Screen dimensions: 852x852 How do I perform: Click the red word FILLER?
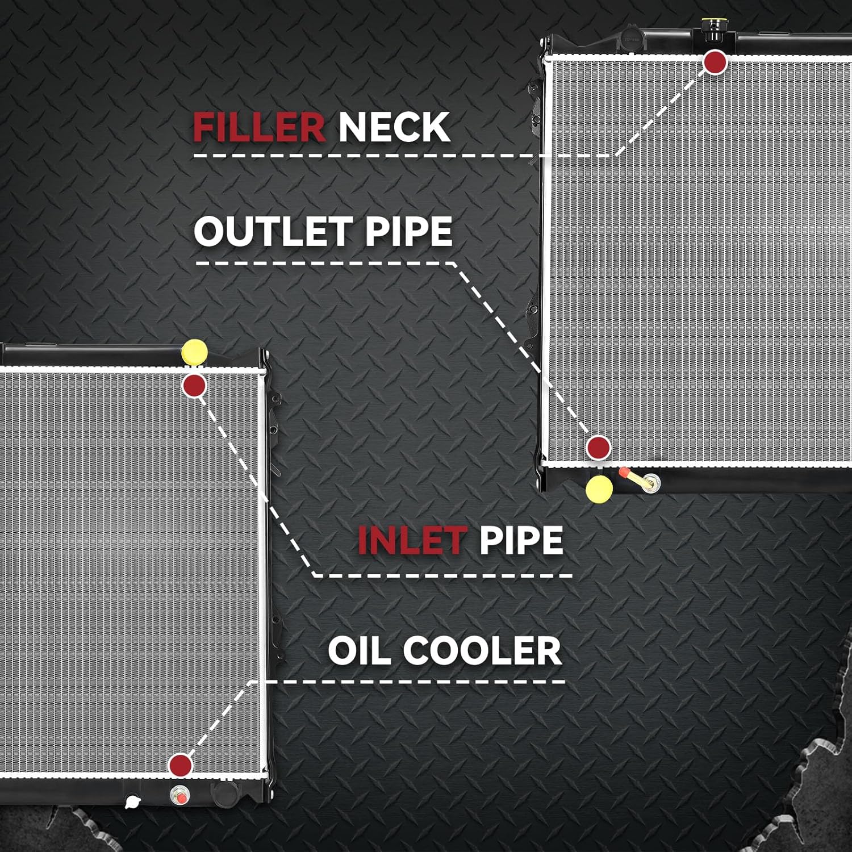[x=259, y=127]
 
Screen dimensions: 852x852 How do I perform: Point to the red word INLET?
[x=412, y=540]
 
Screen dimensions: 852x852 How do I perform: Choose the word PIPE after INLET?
[x=521, y=540]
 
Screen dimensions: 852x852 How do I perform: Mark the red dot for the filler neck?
[x=715, y=62]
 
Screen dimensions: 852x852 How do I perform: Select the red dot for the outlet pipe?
[x=598, y=448]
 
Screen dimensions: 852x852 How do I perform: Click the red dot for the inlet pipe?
[x=194, y=386]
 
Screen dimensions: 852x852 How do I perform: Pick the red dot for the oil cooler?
[x=181, y=765]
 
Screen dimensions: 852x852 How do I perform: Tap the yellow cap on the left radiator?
[x=194, y=352]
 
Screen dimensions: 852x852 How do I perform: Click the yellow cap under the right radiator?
[x=599, y=489]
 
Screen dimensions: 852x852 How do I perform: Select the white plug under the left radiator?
[x=132, y=802]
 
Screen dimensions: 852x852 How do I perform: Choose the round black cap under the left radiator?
[x=222, y=791]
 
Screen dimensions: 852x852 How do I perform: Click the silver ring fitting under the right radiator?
[x=651, y=483]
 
